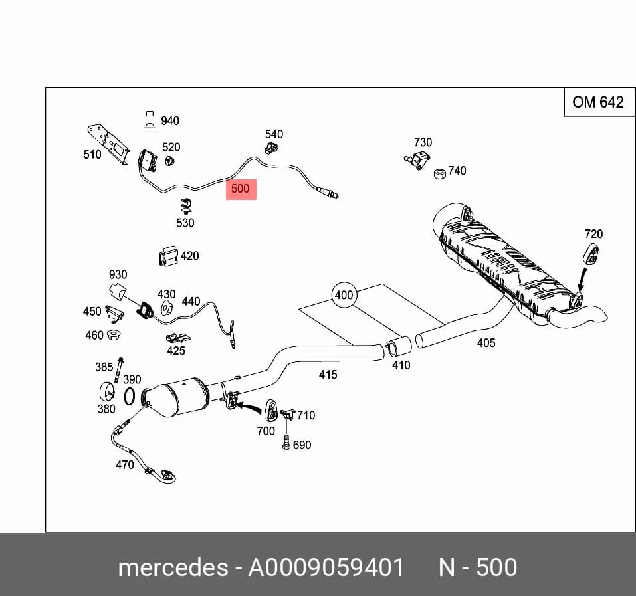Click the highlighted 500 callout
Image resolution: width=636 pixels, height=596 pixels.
241,189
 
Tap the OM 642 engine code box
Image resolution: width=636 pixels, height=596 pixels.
599,102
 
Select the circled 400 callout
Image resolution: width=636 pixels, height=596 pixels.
344,295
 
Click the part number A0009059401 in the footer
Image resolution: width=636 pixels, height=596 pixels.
326,567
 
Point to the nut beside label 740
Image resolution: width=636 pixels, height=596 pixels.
440,173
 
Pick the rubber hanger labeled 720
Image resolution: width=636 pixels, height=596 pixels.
591,254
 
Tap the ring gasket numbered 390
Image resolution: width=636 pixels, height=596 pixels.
129,396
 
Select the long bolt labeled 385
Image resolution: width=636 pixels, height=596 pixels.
118,371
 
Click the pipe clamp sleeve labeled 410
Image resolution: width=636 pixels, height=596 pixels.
397,348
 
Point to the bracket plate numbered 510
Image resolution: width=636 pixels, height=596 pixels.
108,144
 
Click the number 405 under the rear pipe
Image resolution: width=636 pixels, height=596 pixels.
486,343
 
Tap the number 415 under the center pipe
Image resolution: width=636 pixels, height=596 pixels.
328,374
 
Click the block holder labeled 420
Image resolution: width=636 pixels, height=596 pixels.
168,256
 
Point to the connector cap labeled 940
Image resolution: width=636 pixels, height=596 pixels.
150,120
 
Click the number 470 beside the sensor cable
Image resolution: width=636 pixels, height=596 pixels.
124,464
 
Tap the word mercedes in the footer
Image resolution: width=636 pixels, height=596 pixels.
173,567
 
